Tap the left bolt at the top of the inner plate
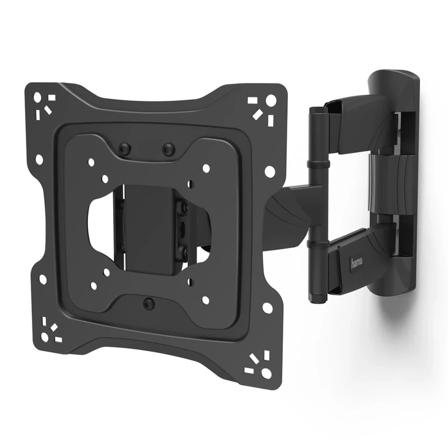point(125,149)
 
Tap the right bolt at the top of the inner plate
point(167,150)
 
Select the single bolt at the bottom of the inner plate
point(148,304)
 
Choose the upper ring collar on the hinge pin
point(317,166)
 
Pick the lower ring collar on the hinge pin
point(318,244)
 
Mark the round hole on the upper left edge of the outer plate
point(39,160)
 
